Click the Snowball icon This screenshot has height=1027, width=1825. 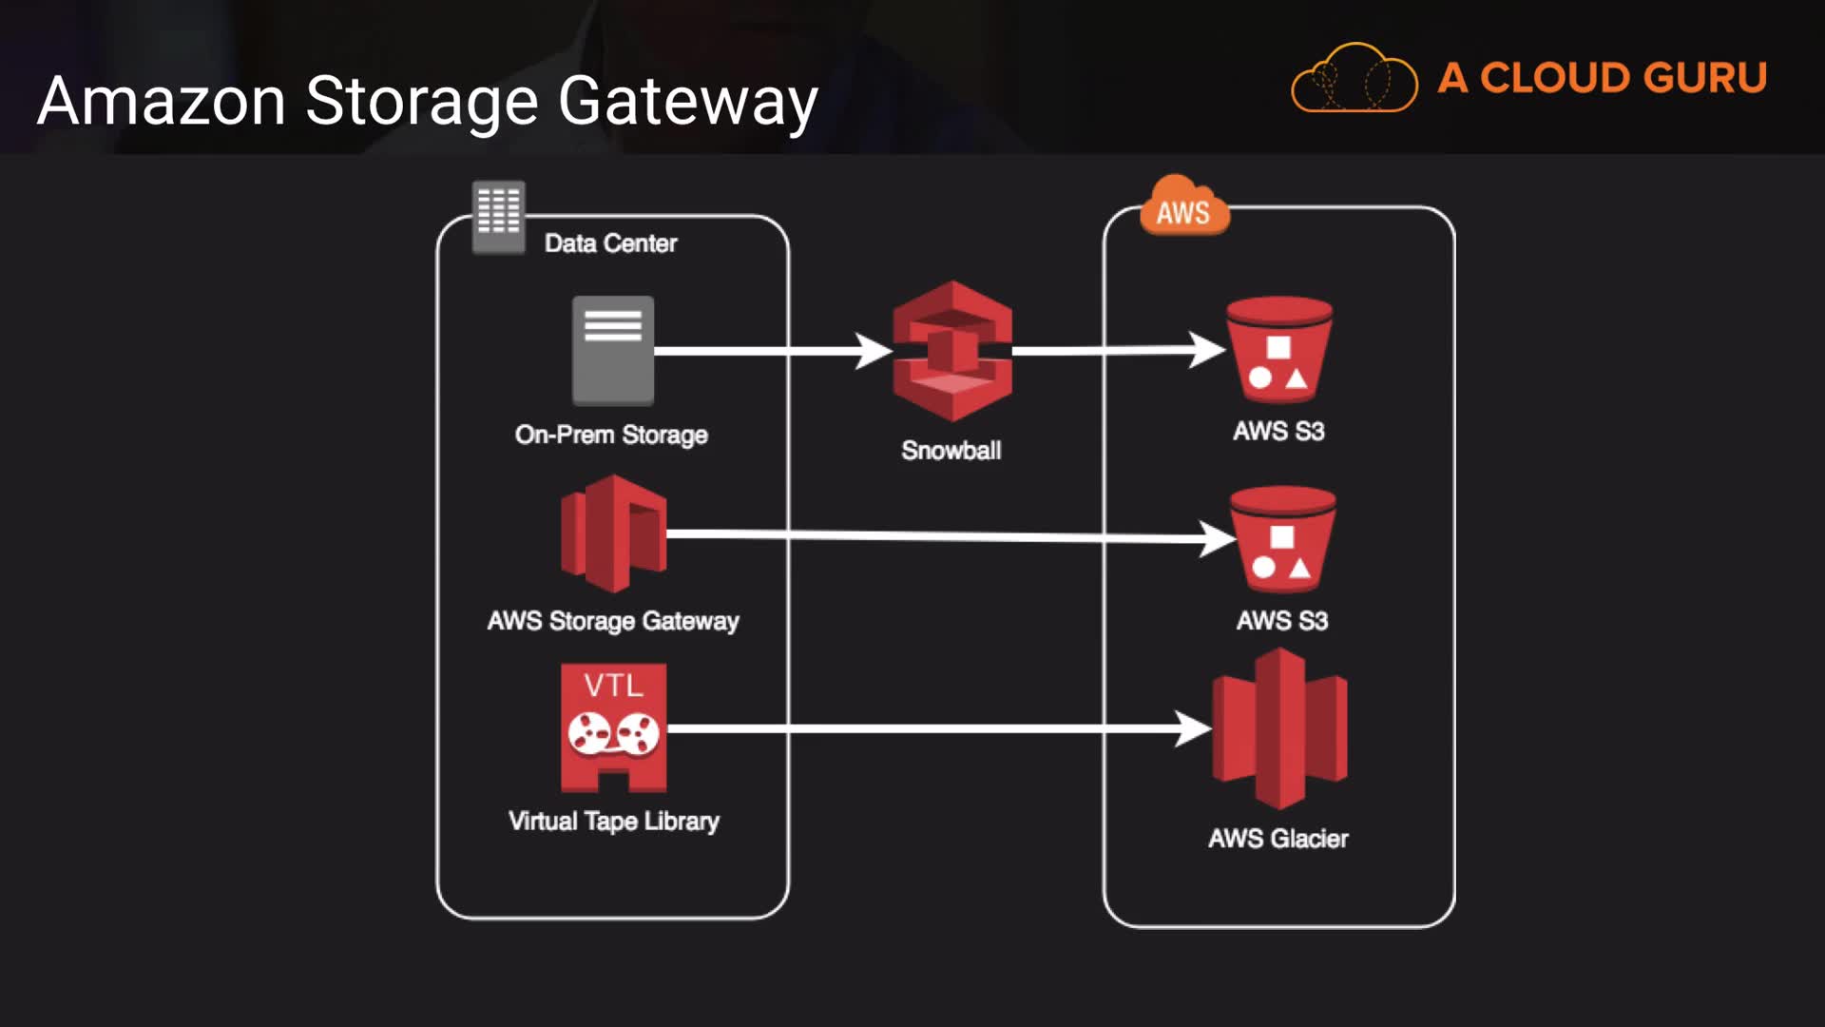tap(951, 351)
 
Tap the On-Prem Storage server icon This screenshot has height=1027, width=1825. tap(613, 350)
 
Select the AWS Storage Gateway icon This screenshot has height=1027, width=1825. tap(614, 533)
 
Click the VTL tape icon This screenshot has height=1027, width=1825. tap(613, 727)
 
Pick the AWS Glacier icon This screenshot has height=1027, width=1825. tap(1279, 728)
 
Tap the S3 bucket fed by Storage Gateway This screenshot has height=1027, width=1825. tap(1282, 539)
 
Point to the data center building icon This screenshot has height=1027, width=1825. tap(498, 216)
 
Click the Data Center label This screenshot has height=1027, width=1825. tap(610, 243)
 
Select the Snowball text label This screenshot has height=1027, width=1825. tap(951, 450)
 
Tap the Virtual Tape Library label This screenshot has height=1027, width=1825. tap(613, 821)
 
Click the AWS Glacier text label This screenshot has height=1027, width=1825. tap(1278, 839)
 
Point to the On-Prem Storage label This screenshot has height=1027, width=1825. tap(611, 435)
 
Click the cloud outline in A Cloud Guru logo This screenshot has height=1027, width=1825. tap(1354, 78)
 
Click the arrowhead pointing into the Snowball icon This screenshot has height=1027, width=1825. tap(873, 351)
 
